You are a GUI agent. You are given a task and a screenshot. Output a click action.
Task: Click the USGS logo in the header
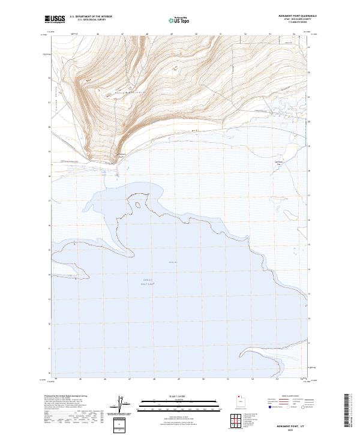[x=55, y=19]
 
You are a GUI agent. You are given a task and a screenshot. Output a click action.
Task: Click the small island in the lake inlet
[x=139, y=206]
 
